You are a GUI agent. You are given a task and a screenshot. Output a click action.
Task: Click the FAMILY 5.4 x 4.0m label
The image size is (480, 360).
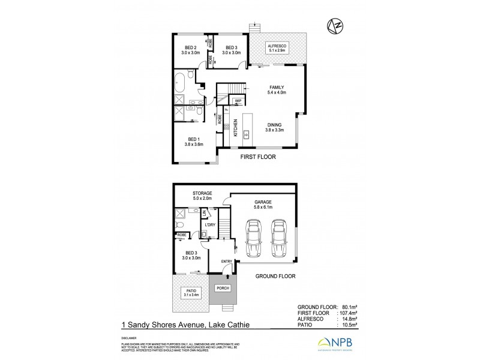[277, 90]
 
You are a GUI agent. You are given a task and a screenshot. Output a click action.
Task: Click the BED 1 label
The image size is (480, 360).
[195, 142]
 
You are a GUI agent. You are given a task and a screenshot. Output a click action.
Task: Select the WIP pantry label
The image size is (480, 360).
[238, 100]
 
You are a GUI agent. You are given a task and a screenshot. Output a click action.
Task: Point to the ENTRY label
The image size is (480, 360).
[227, 262]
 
